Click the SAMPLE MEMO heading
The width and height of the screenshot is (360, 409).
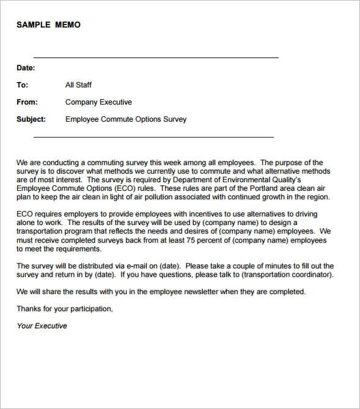[x=48, y=25]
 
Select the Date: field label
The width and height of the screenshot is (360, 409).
[x=26, y=68]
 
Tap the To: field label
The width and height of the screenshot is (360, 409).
[x=23, y=85]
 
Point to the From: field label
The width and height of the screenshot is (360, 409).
[x=27, y=102]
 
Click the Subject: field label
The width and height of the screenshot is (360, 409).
[x=32, y=119]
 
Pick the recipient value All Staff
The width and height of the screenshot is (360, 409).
[x=78, y=85]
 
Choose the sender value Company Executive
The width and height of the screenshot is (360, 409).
[x=98, y=102]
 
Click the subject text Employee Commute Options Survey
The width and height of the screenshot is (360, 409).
[x=126, y=119]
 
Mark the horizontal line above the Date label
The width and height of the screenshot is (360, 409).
[x=156, y=57]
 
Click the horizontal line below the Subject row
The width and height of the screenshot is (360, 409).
[x=153, y=137]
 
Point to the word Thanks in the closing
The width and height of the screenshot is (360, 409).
[x=28, y=309]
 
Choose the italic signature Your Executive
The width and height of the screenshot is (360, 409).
[x=42, y=326]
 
